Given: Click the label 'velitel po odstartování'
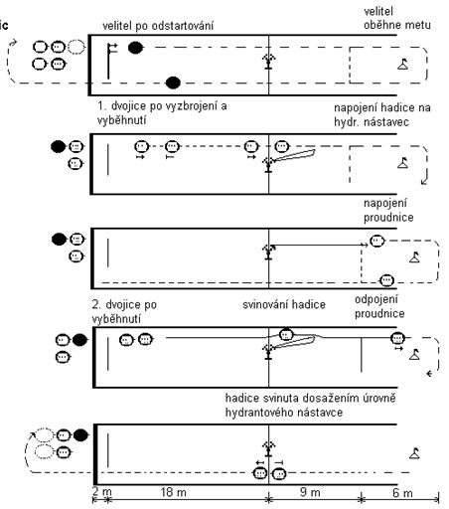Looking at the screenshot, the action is tap(158, 26).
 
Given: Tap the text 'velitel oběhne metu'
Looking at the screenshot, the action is tap(397, 18).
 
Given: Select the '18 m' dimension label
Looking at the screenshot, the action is tap(173, 492).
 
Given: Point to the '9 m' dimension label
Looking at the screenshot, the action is tap(310, 492).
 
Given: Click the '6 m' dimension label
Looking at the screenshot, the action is tap(402, 493).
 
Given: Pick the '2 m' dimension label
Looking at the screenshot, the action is tap(102, 491).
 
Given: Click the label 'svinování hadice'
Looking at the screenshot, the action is tap(284, 304).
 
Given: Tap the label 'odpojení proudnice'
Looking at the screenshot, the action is tap(379, 306).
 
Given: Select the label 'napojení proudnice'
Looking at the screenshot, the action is tap(388, 211).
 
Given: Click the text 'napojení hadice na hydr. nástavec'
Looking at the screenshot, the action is tap(382, 114).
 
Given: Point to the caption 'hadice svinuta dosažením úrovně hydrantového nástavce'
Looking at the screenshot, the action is tap(310, 406).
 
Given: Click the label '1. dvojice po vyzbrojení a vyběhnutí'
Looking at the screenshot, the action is tap(162, 113).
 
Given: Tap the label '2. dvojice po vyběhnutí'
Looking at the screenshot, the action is tap(124, 312).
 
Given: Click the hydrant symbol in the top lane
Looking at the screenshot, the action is tap(268, 62).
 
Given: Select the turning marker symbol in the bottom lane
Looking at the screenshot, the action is tap(414, 453).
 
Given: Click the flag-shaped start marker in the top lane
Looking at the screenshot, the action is tap(112, 61).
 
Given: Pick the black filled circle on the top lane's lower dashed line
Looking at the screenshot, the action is tap(173, 83).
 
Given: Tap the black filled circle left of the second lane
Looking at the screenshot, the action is tap(59, 146).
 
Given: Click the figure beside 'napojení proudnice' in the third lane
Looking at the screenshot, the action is tap(376, 241).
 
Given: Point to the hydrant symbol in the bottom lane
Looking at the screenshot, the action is tap(268, 449).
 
